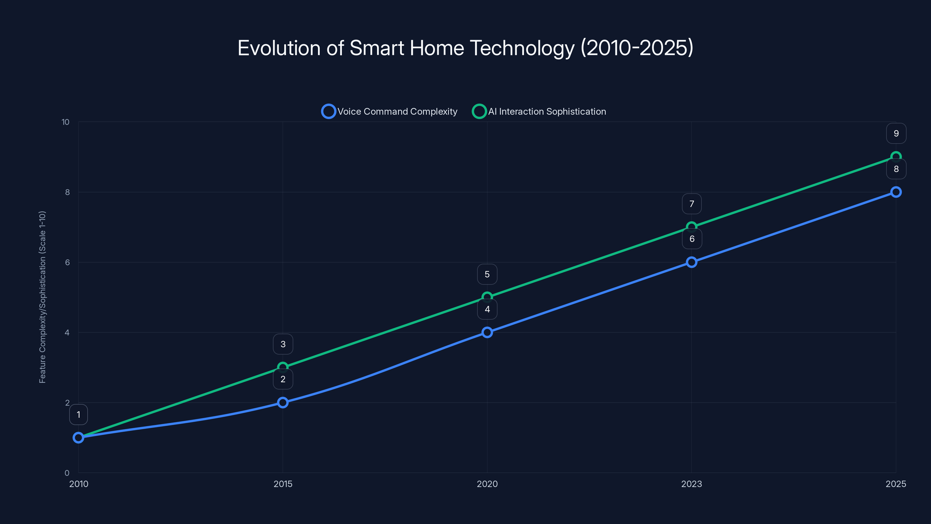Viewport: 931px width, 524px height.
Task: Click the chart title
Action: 465,48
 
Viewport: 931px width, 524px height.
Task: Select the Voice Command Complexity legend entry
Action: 389,111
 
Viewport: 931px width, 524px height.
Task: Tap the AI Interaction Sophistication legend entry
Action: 539,111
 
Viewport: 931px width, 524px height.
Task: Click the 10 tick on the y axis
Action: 65,122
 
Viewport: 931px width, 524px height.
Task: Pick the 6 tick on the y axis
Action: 67,263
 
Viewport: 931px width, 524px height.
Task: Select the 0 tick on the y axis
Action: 67,473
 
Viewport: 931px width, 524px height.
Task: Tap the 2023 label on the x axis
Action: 691,484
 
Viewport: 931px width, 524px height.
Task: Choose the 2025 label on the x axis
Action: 896,484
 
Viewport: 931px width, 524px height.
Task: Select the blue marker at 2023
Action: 691,262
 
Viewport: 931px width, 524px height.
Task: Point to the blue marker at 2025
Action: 896,192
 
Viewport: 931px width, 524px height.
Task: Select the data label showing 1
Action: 79,415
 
